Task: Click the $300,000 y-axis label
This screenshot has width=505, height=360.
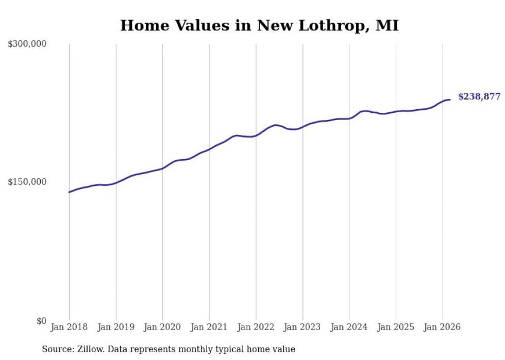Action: [x=27, y=44]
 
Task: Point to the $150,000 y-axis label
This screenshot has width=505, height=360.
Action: [x=27, y=182]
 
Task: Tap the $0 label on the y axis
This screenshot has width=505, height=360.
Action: [x=41, y=321]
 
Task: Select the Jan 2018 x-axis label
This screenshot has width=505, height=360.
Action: [x=69, y=328]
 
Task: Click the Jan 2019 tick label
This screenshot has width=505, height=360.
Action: [x=116, y=328]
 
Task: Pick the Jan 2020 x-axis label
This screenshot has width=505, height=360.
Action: [x=162, y=328]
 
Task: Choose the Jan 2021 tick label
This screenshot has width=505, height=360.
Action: [x=209, y=328]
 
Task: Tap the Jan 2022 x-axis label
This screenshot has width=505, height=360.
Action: [x=256, y=328]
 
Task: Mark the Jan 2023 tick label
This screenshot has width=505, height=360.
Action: [x=302, y=328]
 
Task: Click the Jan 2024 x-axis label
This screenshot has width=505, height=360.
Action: [x=349, y=328]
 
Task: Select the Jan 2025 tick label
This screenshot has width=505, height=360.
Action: [x=396, y=328]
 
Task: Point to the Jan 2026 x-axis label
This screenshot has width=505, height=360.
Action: [x=442, y=328]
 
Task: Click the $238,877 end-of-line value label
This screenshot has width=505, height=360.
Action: [x=479, y=97]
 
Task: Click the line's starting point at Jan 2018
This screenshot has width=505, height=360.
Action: [x=69, y=192]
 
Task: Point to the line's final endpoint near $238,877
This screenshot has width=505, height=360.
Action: [x=450, y=99]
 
